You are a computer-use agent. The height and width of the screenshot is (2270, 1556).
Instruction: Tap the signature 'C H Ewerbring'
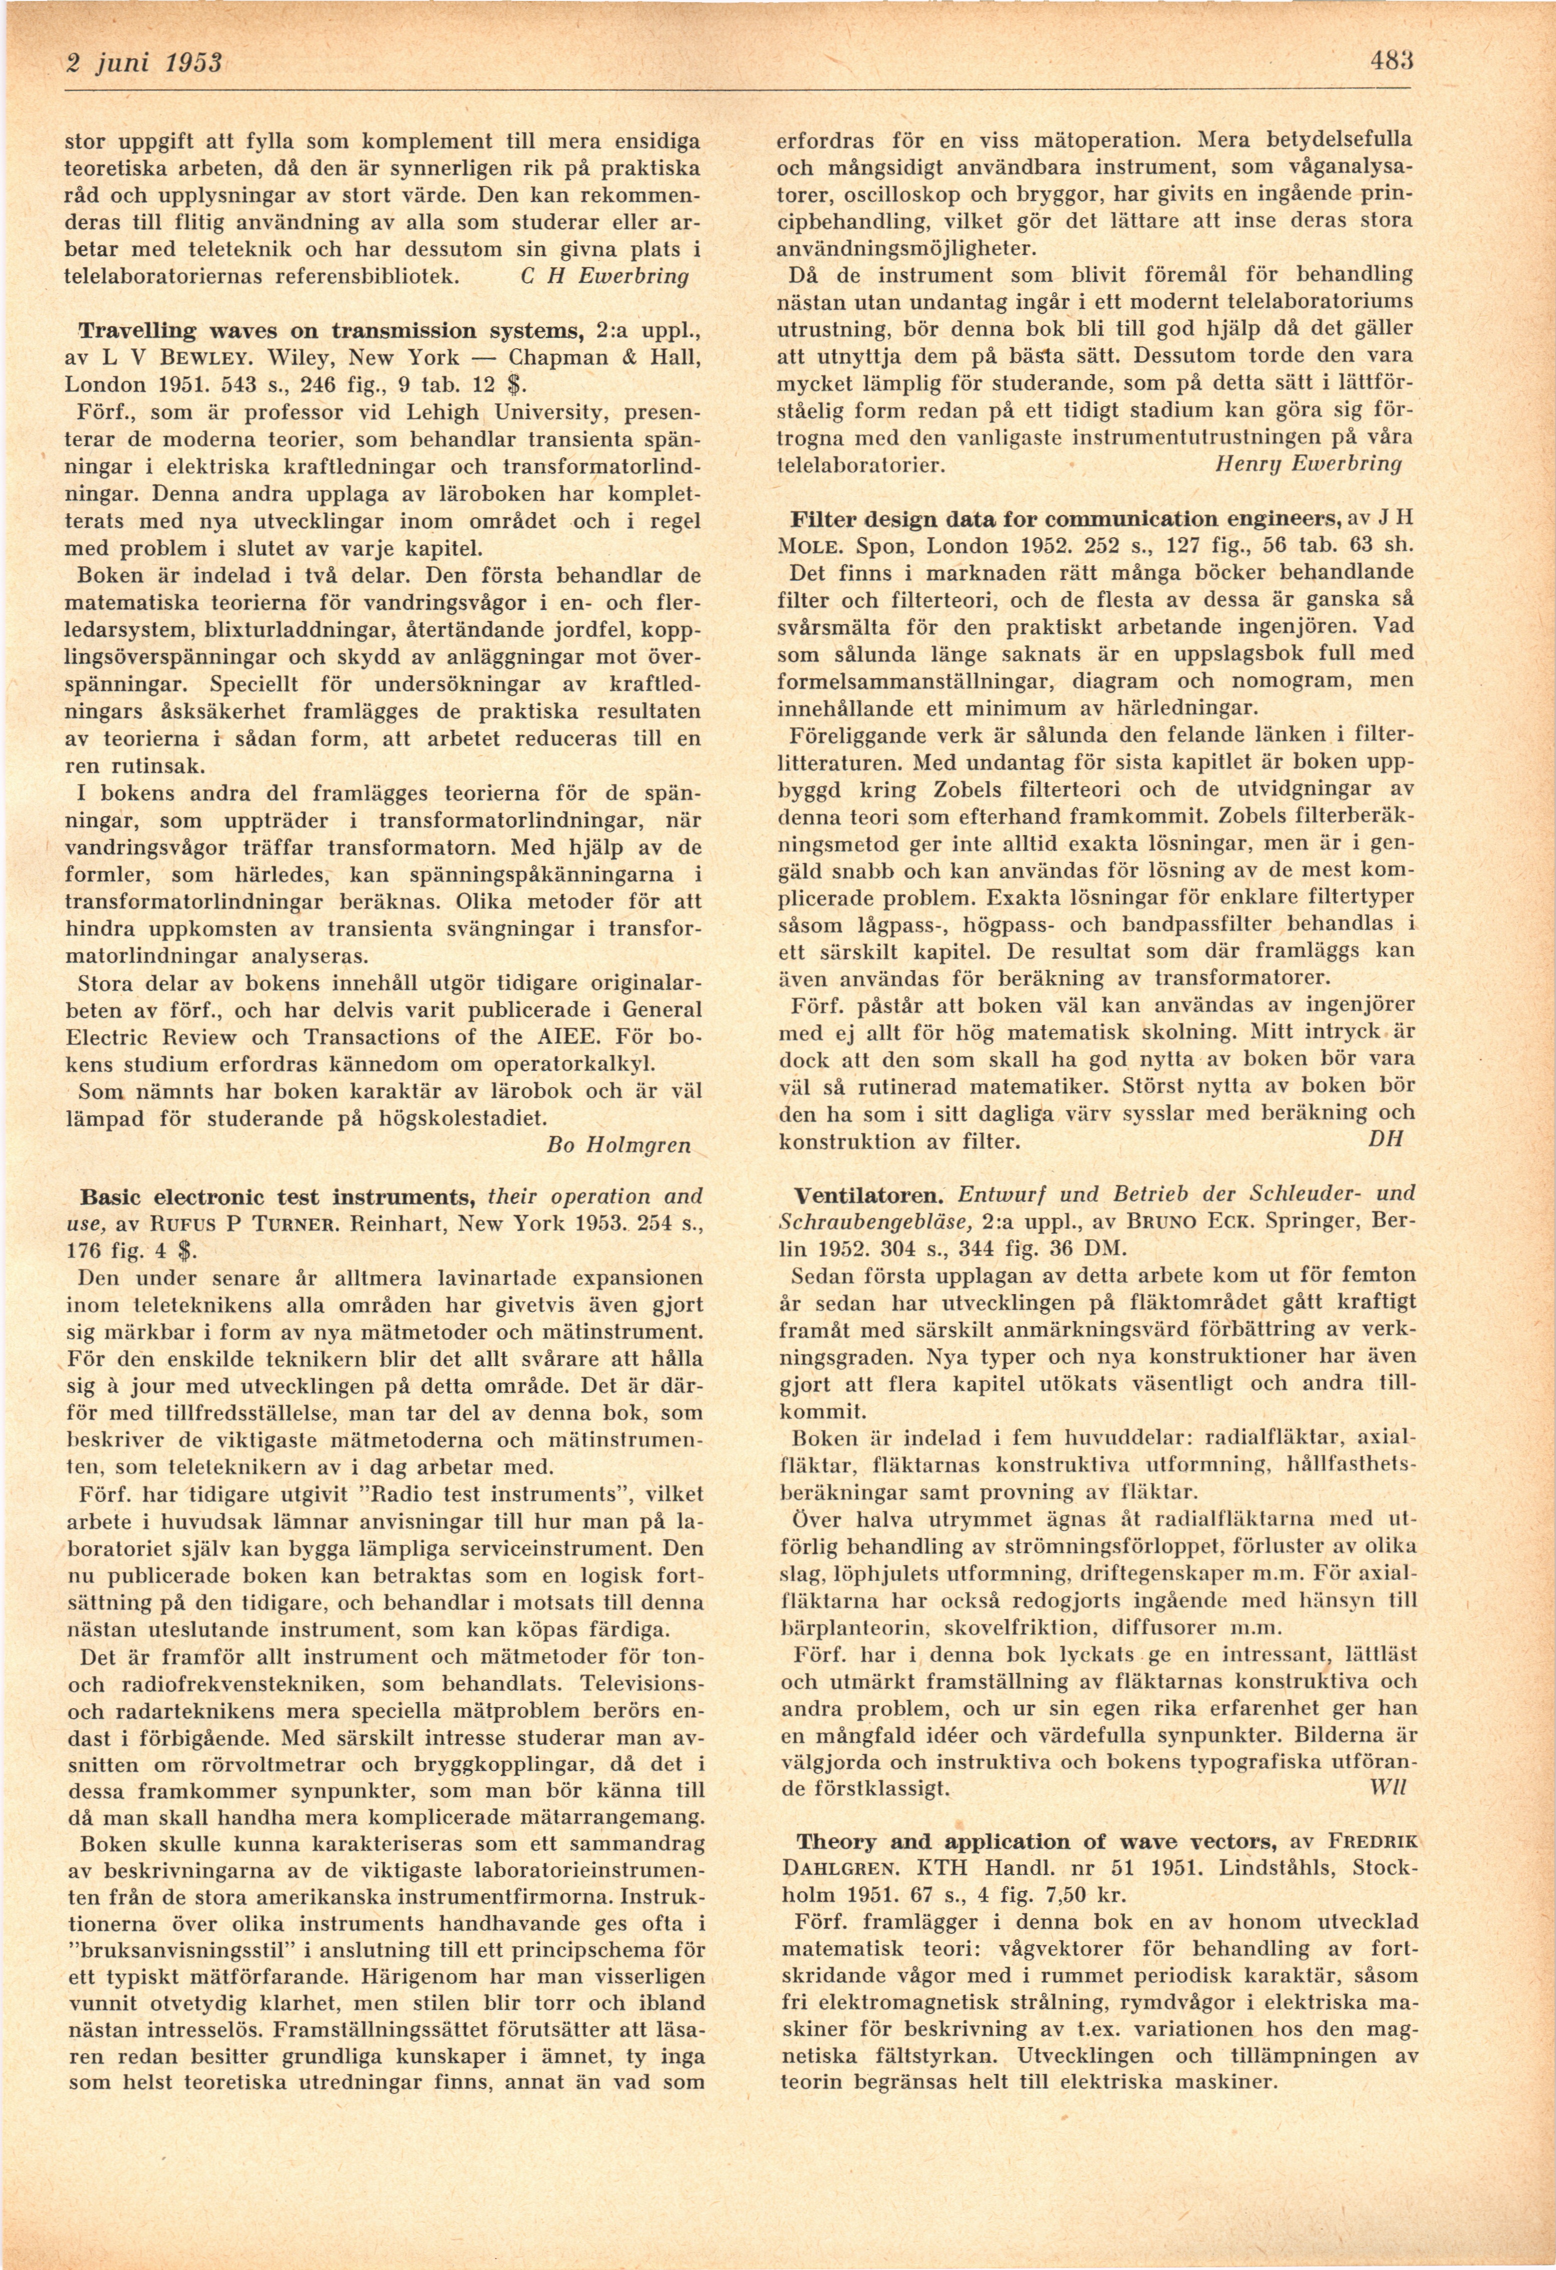pos(600,276)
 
